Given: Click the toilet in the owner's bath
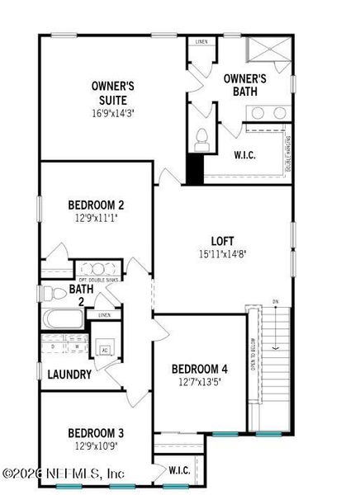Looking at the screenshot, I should click(201, 141).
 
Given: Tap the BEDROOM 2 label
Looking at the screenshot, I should click(96, 205).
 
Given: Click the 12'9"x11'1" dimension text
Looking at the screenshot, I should click(96, 219).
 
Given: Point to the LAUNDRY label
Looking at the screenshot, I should click(69, 375).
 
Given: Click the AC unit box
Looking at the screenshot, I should click(104, 349).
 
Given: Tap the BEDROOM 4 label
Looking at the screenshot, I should click(199, 369).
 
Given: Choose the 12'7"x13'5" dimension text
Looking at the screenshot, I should click(199, 381).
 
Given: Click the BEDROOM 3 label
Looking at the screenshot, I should click(96, 433).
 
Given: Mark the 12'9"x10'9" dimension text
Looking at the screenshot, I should click(96, 446).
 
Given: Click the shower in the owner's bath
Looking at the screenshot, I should click(269, 54).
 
